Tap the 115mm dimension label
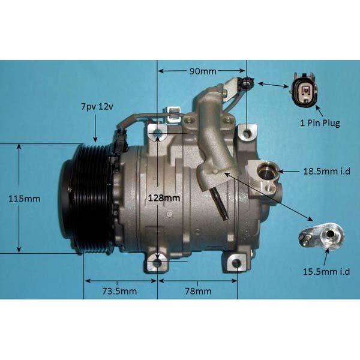pyautogui.click(x=24, y=199)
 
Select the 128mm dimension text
pyautogui.click(x=164, y=198)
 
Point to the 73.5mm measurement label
pyautogui.click(x=119, y=292)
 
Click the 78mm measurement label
pyautogui.click(x=198, y=292)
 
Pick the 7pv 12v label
pyautogui.click(x=97, y=107)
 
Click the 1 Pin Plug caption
pyautogui.click(x=320, y=123)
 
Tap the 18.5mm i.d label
pyautogui.click(x=327, y=171)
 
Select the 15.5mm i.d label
pyautogui.click(x=326, y=272)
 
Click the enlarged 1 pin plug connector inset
pyautogui.click(x=304, y=89)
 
